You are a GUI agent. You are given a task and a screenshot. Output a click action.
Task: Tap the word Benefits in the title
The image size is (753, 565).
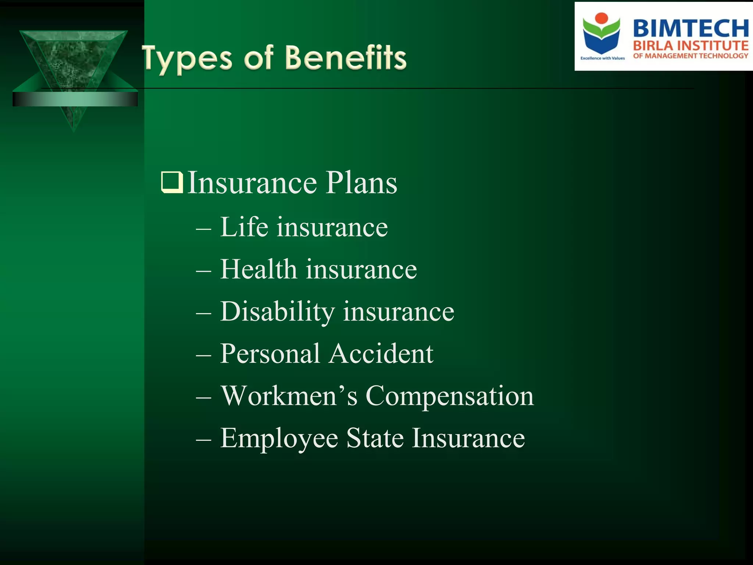[346, 58]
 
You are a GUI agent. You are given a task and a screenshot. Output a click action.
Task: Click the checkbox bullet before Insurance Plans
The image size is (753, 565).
[172, 182]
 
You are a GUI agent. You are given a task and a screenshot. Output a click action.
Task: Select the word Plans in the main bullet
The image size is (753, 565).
[361, 183]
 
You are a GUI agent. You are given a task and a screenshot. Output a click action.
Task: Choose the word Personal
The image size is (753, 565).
[270, 354]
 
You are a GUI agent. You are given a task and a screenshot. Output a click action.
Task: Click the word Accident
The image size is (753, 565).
[381, 354]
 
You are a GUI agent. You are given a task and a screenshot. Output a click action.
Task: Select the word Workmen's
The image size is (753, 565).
[289, 396]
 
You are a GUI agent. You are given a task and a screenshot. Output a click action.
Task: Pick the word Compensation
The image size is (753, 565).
[449, 396]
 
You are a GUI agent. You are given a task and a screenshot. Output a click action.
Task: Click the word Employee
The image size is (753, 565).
[279, 438]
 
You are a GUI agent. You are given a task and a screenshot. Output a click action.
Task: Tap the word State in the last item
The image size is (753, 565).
[375, 438]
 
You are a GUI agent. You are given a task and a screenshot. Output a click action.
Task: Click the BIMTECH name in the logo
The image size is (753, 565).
[690, 29]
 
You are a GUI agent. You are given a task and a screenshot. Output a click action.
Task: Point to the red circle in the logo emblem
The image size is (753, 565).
[602, 18]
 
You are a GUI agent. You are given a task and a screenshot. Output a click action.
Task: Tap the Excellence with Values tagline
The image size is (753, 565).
[602, 58]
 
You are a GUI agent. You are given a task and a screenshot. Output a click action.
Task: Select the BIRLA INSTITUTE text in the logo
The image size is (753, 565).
[690, 46]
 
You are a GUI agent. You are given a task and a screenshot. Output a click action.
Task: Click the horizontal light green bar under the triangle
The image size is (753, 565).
[75, 99]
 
